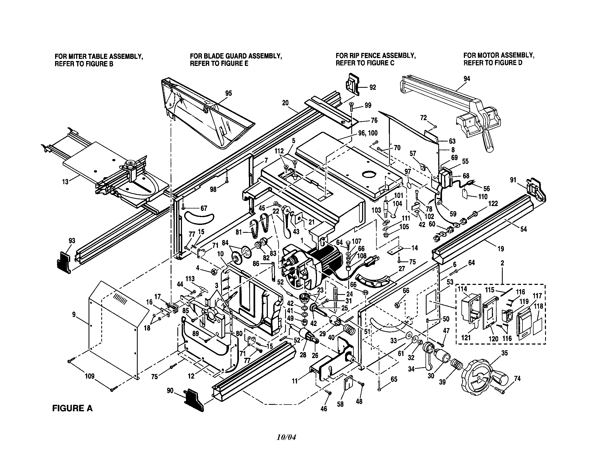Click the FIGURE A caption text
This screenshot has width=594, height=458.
[72, 408]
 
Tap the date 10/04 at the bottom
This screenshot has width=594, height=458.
[286, 437]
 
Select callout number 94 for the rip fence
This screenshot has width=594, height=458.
[467, 79]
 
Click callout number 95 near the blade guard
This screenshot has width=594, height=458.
[228, 93]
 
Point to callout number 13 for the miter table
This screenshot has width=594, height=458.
[65, 182]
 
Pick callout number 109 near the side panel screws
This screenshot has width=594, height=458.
[89, 376]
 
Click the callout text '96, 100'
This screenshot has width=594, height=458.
[368, 133]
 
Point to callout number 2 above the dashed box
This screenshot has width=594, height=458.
[502, 263]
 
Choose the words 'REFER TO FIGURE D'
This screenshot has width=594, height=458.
[493, 63]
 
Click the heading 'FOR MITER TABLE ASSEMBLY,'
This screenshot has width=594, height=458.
[99, 56]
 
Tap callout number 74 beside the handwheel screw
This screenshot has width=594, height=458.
[517, 378]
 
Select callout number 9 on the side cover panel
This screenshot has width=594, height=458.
[74, 315]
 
